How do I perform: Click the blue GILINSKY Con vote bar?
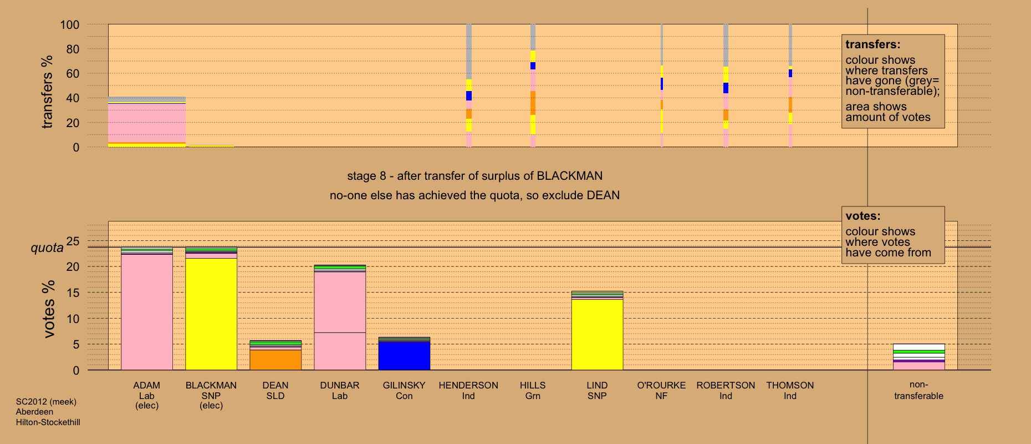coord(404,356)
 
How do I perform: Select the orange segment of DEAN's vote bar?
coord(275,360)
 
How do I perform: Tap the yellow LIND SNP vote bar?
coord(597,335)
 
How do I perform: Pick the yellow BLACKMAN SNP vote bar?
coord(211,314)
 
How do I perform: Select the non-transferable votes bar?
coord(918,357)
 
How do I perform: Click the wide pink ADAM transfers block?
coord(147,123)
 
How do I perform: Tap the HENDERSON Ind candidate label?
coord(468,390)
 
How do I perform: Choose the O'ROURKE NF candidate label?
coord(661,390)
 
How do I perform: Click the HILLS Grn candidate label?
coord(533,390)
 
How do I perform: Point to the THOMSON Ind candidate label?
coord(790,390)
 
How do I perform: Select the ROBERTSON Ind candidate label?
coord(726,390)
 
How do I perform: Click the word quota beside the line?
coord(47,248)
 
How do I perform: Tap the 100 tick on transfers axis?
coord(70,25)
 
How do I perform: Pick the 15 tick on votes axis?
coord(73,292)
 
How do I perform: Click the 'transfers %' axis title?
coord(47,92)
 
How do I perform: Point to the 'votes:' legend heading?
coord(862,216)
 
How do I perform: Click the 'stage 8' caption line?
coord(474,176)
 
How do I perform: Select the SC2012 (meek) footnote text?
coord(46,402)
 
